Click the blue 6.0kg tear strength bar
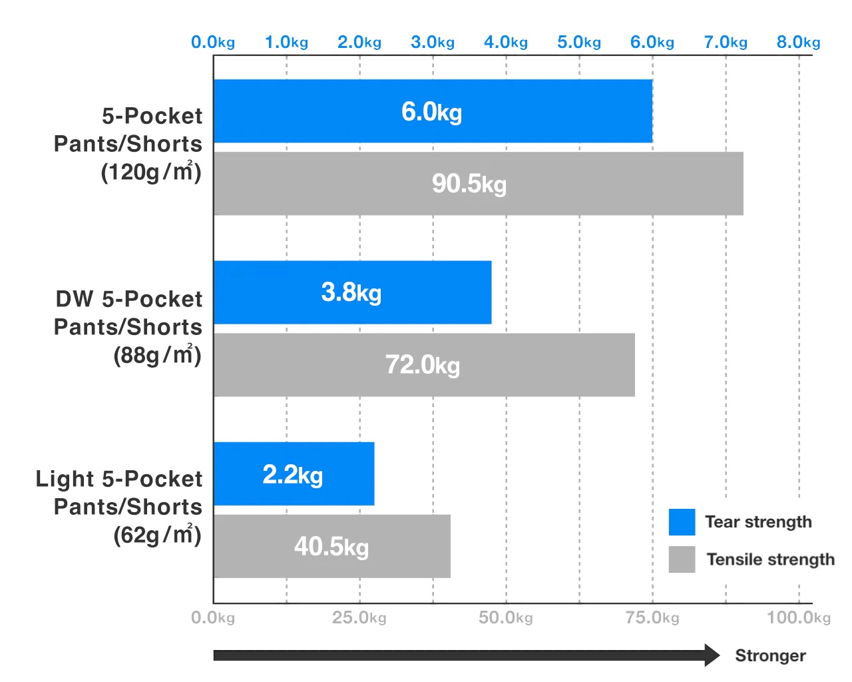pyautogui.click(x=433, y=111)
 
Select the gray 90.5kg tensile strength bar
pyautogui.click(x=478, y=184)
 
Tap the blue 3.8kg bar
pyautogui.click(x=352, y=292)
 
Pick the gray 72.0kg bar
pyautogui.click(x=424, y=365)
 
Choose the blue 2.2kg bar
pyautogui.click(x=294, y=474)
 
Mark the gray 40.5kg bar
pyautogui.click(x=331, y=546)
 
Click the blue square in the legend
pyautogui.click(x=682, y=522)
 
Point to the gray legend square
pyautogui.click(x=682, y=559)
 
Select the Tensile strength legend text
pyautogui.click(x=770, y=559)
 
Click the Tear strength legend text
pyautogui.click(x=758, y=522)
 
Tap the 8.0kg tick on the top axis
pyautogui.click(x=798, y=43)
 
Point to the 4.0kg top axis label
pyautogui.click(x=506, y=43)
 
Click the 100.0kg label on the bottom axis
pyautogui.click(x=798, y=618)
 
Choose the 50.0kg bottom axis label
pyautogui.click(x=506, y=618)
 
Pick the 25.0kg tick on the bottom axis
pyautogui.click(x=359, y=618)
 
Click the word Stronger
pyautogui.click(x=770, y=656)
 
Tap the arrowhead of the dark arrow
pyautogui.click(x=712, y=655)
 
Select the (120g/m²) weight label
pyautogui.click(x=151, y=172)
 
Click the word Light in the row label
pyautogui.click(x=65, y=479)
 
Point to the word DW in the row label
pyautogui.click(x=75, y=299)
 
